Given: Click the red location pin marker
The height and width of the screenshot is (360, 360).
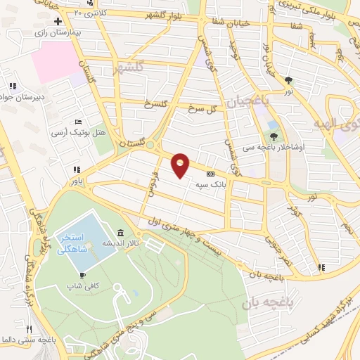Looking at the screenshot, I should tap(181, 164).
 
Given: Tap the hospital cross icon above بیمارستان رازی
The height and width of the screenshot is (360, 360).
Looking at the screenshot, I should tap(68, 22).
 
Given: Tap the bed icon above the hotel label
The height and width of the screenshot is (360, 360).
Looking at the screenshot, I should tap(78, 122).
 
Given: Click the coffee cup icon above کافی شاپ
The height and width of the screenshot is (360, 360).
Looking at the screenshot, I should tap(82, 274).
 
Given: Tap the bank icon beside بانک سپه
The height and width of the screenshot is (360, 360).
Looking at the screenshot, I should tap(209, 174).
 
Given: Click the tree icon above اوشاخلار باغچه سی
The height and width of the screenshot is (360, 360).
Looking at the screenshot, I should tap(274, 136).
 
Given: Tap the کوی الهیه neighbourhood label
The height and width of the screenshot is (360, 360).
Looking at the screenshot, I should tap(337, 125).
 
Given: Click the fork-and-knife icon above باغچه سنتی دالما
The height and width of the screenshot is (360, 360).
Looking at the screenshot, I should tap(30, 329).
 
